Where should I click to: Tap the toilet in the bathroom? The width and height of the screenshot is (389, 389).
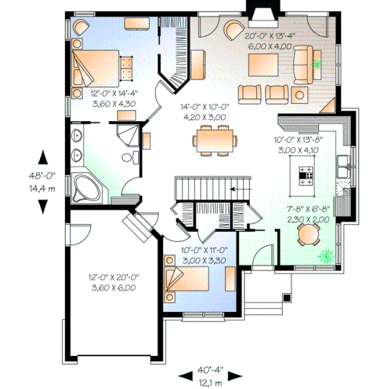127,158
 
